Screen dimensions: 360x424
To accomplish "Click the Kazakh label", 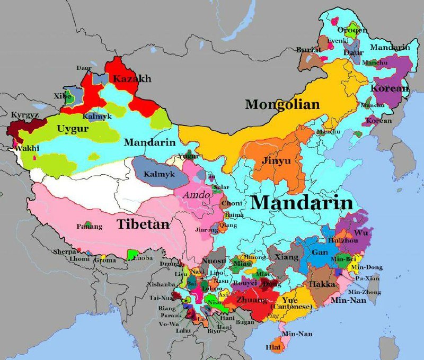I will pyautogui.click(x=132, y=79).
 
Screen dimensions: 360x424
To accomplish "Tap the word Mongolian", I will pyautogui.click(x=282, y=104).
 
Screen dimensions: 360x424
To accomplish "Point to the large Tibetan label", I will pyautogui.click(x=144, y=224).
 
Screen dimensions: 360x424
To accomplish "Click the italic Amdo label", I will pyautogui.click(x=193, y=195).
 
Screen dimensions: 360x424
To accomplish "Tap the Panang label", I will pyautogui.click(x=89, y=227).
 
